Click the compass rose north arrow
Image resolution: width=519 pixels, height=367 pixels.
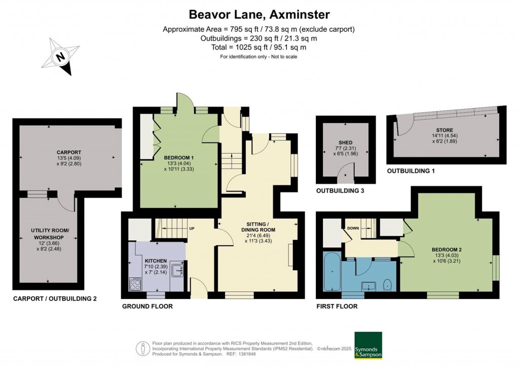(x=61, y=57)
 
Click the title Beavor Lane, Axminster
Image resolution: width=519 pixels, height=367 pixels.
(x=259, y=15)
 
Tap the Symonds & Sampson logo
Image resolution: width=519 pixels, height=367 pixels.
(x=367, y=346)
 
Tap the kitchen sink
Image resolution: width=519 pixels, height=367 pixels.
(x=177, y=270)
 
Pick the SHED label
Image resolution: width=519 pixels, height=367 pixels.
(x=345, y=142)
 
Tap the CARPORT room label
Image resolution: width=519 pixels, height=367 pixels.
(x=69, y=152)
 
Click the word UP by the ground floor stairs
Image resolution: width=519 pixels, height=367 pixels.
(x=192, y=228)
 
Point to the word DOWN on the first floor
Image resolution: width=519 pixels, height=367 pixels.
(x=353, y=228)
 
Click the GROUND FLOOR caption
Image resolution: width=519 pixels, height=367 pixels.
(x=147, y=306)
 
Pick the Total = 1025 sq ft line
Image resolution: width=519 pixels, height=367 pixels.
(x=258, y=47)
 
